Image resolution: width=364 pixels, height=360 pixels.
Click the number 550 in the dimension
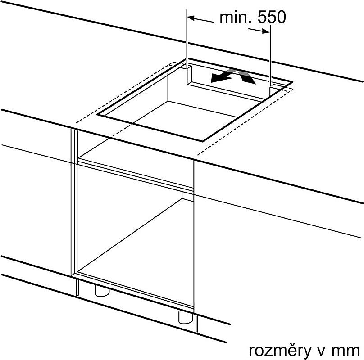[272, 17]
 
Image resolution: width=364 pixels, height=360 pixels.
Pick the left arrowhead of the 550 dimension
[191, 18]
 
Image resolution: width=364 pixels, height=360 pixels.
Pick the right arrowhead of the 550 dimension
[266, 31]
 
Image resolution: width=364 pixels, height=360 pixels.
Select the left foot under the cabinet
[102, 291]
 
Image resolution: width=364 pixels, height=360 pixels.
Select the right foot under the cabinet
[186, 317]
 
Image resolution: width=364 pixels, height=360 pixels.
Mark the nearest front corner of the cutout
[202, 141]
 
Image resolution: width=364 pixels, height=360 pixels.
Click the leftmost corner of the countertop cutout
[98, 115]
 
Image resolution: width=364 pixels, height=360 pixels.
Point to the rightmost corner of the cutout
[292, 81]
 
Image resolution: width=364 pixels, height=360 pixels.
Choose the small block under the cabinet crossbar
[188, 196]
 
